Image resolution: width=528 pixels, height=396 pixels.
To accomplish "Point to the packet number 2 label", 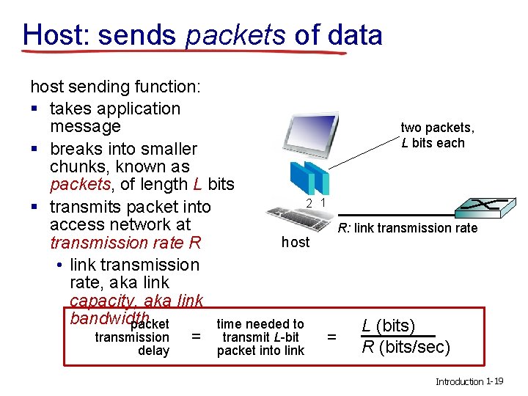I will click(309, 202).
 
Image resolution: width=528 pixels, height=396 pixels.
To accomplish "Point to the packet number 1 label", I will click(323, 202).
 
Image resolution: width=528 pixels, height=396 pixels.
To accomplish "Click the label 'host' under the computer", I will click(296, 242).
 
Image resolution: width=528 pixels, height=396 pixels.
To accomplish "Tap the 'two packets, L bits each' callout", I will click(437, 135).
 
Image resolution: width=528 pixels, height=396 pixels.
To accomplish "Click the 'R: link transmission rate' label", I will click(407, 228).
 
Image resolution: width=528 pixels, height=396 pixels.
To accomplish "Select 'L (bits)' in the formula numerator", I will click(389, 326).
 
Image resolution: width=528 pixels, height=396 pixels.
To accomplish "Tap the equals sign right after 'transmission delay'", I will click(195, 337).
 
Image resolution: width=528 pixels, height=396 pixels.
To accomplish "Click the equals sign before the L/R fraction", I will click(331, 337).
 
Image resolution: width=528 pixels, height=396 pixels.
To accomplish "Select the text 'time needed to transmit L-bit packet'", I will click(260, 337).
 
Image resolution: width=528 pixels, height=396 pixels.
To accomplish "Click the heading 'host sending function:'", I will click(114, 87).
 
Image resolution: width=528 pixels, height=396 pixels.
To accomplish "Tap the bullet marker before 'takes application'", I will click(34, 109).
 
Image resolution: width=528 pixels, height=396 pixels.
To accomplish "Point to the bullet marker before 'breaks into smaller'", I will click(34, 150).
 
